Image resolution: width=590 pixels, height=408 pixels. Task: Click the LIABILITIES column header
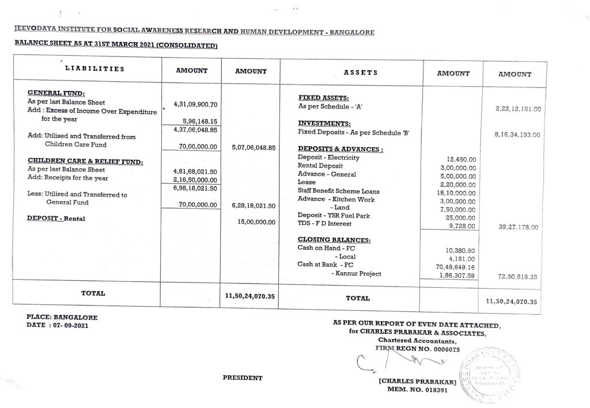[x=94, y=69]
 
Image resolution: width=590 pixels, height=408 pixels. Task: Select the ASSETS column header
[x=360, y=73]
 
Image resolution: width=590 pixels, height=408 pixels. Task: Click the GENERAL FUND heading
[x=56, y=93]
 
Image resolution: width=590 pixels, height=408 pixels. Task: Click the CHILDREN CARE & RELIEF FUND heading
[x=85, y=162]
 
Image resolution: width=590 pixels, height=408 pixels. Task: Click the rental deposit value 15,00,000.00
[x=257, y=221]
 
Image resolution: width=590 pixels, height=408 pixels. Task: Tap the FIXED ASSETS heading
[x=323, y=98]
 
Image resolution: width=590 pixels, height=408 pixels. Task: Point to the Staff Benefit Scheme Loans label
[x=338, y=191]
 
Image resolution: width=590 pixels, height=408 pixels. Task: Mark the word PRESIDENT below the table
[x=243, y=378]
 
